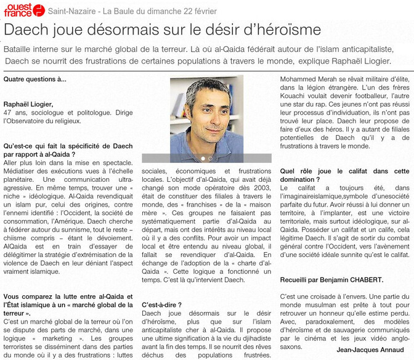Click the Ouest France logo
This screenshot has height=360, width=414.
click(23, 9)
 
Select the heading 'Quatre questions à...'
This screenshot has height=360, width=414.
click(35, 80)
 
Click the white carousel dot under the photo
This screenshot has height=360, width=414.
click(203, 158)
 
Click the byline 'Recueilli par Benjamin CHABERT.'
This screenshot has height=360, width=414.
click(331, 279)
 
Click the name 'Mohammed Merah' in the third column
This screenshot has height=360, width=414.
click(308, 80)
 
